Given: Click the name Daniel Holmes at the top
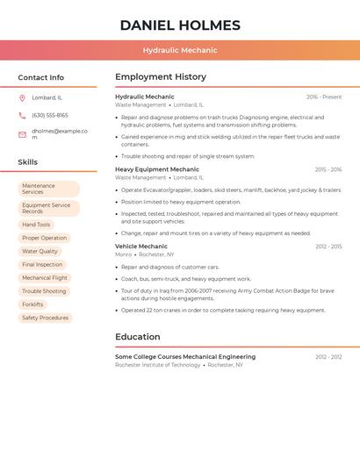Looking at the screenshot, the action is tap(180, 25).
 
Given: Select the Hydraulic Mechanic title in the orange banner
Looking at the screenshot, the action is tap(180, 50).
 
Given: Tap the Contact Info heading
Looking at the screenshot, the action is tap(40, 77).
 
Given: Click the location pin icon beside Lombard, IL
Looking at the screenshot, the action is tap(22, 97).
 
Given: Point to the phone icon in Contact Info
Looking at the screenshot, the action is tap(22, 115).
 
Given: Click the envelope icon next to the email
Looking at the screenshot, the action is tap(22, 134).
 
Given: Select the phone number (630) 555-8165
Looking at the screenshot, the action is tap(50, 115).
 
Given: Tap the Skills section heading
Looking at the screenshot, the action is tap(28, 162).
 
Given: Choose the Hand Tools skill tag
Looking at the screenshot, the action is tap(36, 225).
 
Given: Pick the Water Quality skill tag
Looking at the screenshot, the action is tap(40, 251).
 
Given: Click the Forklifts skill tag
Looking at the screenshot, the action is tap(32, 304).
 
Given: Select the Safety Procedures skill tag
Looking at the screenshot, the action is tap(45, 318).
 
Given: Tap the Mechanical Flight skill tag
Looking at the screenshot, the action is tap(45, 277).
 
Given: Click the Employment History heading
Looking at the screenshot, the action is tap(161, 77).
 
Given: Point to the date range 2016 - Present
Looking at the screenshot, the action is tap(324, 97).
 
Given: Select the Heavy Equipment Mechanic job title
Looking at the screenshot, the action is tap(157, 169).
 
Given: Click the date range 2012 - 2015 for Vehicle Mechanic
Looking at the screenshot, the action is tap(328, 247).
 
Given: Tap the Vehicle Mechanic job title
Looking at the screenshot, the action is tap(141, 247).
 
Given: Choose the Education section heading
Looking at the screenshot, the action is tap(138, 337).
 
